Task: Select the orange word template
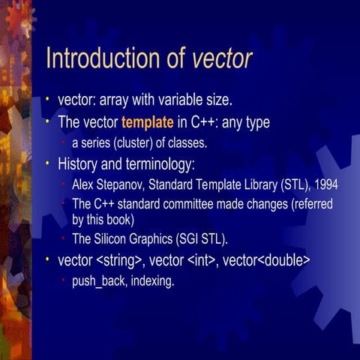(147, 122)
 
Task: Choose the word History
(78, 163)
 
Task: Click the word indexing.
(151, 282)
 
